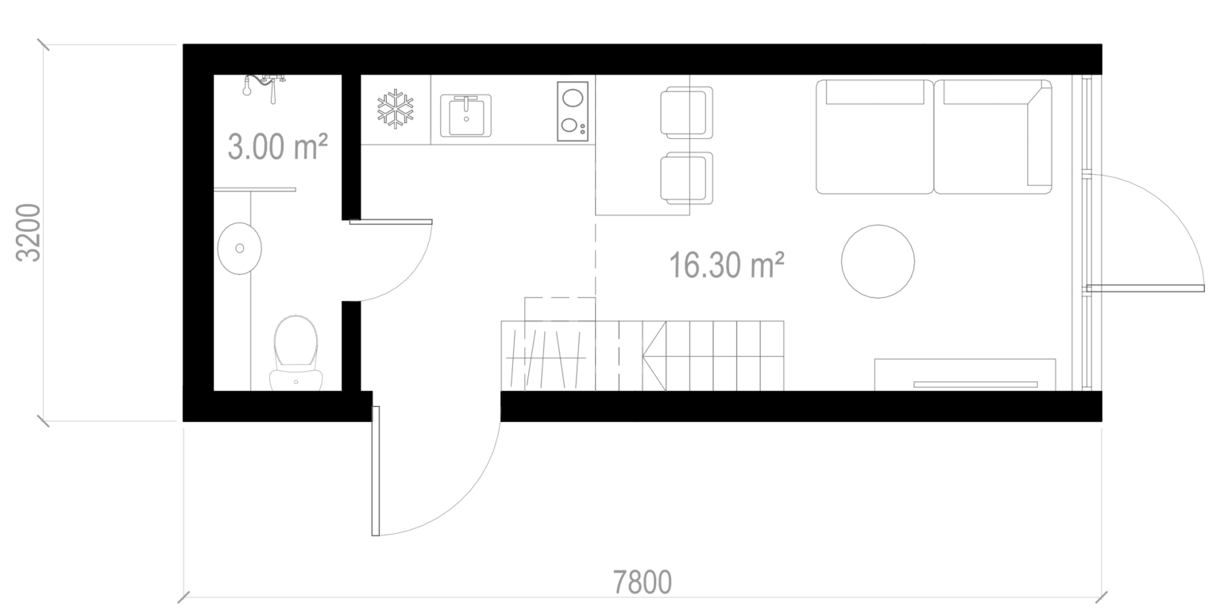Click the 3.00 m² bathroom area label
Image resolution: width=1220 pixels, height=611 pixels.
pyautogui.click(x=277, y=147)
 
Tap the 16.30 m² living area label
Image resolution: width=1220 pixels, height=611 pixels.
pyautogui.click(x=726, y=265)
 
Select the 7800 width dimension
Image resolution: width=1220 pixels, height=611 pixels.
pyautogui.click(x=642, y=582)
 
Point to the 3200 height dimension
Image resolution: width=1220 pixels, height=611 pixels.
pyautogui.click(x=28, y=233)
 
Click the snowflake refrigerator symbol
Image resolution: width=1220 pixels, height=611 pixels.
pyautogui.click(x=396, y=109)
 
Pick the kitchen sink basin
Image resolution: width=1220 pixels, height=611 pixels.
pyautogui.click(x=465, y=115)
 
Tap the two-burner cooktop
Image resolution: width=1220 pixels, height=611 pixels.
pyautogui.click(x=573, y=111)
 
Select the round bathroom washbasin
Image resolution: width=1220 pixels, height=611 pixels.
pyautogui.click(x=239, y=248)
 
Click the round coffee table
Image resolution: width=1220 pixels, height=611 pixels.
pyautogui.click(x=878, y=261)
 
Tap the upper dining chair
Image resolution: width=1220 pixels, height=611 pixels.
pyautogui.click(x=686, y=112)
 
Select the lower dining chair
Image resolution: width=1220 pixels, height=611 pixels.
pyautogui.click(x=686, y=178)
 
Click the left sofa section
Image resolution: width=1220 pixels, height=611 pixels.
pyautogui.click(x=874, y=137)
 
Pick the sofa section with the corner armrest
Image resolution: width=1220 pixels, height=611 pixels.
pyautogui.click(x=993, y=137)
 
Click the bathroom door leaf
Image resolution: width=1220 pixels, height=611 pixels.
pyautogui.click(x=391, y=222)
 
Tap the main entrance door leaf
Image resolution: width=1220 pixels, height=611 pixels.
pyautogui.click(x=375, y=470)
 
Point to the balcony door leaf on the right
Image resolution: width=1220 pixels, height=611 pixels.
pyautogui.click(x=1145, y=288)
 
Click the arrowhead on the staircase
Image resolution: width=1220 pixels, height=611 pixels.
pyautogui.click(x=654, y=357)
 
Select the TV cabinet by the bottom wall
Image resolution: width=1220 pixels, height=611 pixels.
pyautogui.click(x=965, y=374)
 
